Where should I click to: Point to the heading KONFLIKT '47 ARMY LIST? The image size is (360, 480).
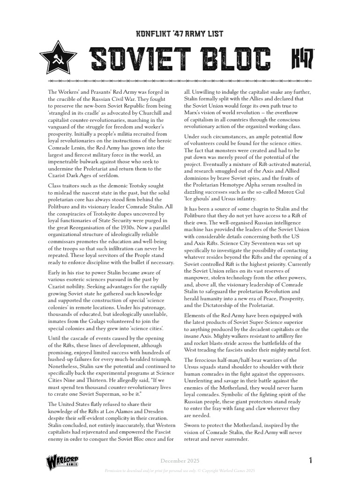point(180,34)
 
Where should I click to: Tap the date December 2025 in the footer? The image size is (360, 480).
point(180,461)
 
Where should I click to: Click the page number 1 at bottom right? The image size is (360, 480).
point(310,461)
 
